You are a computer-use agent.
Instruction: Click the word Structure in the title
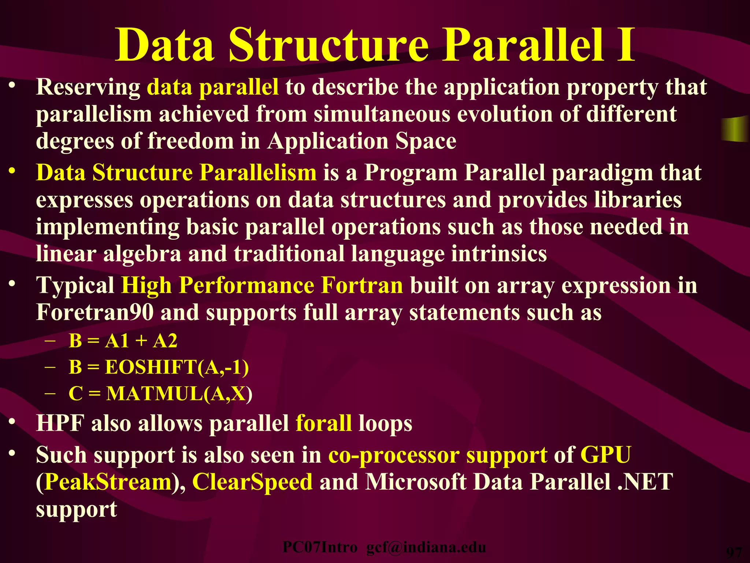[328, 46]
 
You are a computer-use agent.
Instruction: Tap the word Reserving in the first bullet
[88, 87]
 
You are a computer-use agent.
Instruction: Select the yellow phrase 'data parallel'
[212, 88]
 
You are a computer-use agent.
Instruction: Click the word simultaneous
[381, 114]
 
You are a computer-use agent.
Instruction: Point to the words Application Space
[361, 141]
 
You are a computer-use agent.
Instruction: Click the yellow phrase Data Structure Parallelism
[176, 173]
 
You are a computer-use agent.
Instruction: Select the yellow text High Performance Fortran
[262, 286]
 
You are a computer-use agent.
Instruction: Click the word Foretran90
[95, 313]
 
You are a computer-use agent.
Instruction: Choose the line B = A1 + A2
[123, 341]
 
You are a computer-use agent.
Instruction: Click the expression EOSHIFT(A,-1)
[177, 367]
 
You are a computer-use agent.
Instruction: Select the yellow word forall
[323, 423]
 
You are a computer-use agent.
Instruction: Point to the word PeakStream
[108, 482]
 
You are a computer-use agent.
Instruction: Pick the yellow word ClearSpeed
[252, 482]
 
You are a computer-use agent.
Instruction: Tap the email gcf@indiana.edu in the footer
[426, 547]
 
